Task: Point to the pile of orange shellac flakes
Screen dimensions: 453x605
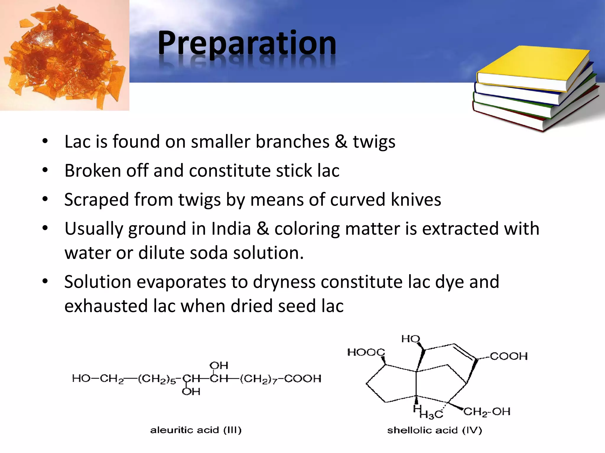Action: (x=64, y=56)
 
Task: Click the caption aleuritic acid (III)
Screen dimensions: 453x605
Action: (x=196, y=430)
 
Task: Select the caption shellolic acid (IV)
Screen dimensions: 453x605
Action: (x=435, y=430)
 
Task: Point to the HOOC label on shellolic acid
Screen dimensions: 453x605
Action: (x=366, y=352)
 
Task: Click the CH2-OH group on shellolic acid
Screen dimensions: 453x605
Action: (x=487, y=411)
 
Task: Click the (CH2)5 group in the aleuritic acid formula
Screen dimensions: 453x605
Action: (x=157, y=379)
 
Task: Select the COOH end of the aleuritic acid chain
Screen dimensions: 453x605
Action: (x=303, y=378)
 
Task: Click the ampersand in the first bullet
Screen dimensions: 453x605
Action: (x=341, y=142)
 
